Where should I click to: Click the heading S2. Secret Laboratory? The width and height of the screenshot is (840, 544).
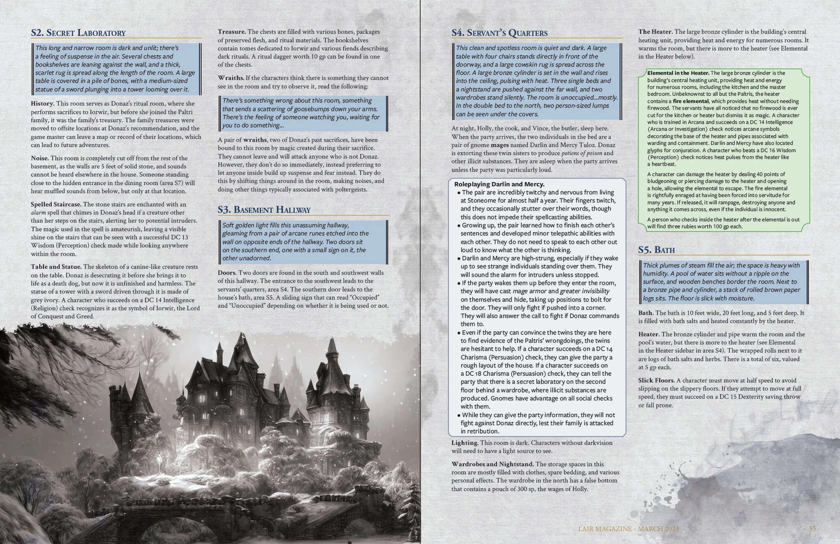point(78,33)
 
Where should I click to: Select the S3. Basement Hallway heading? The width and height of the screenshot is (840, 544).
point(264,209)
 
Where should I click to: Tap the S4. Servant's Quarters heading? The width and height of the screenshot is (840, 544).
point(499,33)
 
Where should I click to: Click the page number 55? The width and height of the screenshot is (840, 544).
point(812,529)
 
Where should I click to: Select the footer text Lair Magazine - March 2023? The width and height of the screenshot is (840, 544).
point(628,529)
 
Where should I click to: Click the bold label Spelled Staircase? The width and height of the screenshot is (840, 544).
point(56,204)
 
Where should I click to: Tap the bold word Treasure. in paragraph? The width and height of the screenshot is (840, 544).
point(231,32)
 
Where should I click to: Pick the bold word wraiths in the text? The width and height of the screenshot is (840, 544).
point(255,140)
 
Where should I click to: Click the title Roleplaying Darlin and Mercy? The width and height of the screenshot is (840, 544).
point(499,184)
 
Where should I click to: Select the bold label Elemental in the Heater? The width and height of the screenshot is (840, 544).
point(678,73)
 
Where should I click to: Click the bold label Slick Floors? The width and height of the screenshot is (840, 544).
point(656,380)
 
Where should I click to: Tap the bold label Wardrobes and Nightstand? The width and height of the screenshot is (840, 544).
point(492,464)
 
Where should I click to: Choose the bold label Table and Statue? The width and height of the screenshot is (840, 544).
point(56,267)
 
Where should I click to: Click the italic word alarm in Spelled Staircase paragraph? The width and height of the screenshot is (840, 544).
point(38,213)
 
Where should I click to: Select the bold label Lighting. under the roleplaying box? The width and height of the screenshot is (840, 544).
point(465,443)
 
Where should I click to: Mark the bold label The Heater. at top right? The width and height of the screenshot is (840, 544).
point(656,32)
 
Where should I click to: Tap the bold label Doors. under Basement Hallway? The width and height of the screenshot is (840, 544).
point(227,273)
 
